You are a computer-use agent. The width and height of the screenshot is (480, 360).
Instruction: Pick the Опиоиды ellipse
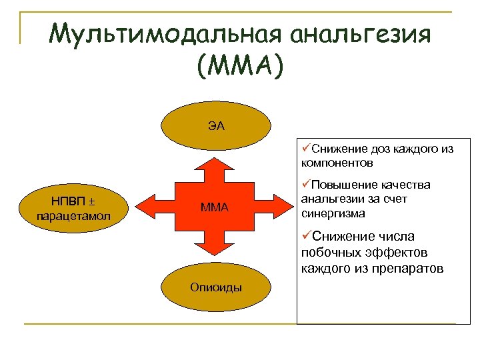coord(216,287)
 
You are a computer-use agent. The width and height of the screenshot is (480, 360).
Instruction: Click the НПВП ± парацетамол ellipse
coord(75,208)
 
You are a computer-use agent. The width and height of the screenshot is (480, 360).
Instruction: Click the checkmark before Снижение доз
coord(306,149)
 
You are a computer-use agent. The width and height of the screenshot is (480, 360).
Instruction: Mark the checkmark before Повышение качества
coord(306,184)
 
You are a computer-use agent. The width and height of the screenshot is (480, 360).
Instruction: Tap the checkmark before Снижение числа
coord(307,236)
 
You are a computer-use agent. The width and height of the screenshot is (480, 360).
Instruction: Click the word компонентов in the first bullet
coord(337,163)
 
